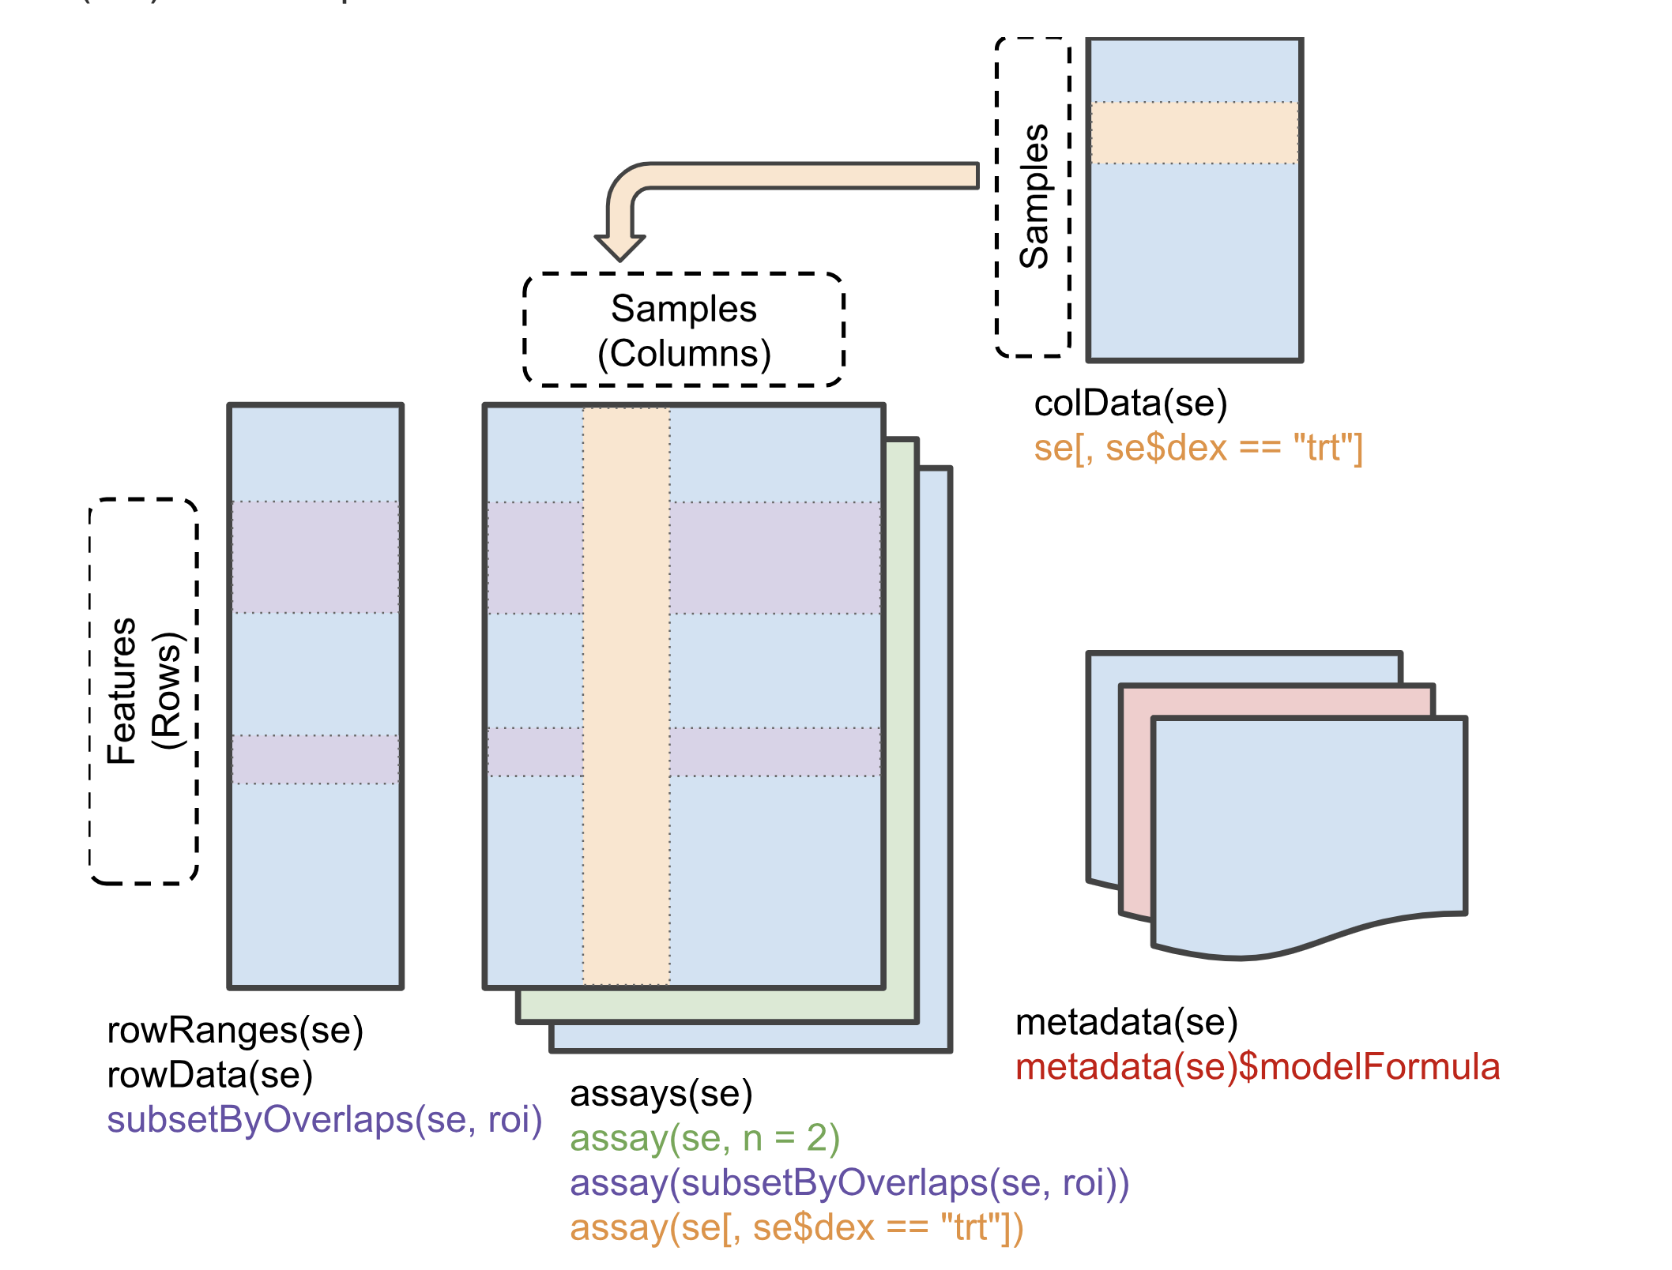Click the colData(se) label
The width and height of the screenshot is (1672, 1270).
point(1130,404)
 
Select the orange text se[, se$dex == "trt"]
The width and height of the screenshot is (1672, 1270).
point(1198,449)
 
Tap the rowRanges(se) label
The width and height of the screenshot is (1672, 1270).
point(235,1031)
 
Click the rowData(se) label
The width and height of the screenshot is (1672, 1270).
point(209,1076)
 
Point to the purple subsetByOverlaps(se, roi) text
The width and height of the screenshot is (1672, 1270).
point(324,1121)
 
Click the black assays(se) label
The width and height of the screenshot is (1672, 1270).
point(661,1094)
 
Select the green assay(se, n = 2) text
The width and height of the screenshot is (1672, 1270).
point(704,1139)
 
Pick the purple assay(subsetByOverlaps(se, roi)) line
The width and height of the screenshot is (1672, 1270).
point(849,1183)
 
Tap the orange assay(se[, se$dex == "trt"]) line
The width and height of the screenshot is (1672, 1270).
point(796,1228)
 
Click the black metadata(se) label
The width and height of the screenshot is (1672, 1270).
point(1126,1023)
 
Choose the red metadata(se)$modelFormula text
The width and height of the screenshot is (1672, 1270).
point(1257,1067)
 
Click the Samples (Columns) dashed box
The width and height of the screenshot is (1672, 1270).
point(684,330)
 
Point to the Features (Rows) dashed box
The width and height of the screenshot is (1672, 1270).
point(144,691)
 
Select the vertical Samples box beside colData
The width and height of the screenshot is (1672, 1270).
point(1034,197)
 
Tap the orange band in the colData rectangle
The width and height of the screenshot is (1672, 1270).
point(1194,133)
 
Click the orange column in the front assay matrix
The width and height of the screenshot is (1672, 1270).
point(627,695)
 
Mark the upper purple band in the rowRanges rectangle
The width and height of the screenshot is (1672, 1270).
point(315,557)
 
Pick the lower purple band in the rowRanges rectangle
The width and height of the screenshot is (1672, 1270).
point(315,759)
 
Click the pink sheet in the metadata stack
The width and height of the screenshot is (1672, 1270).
point(1135,798)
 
